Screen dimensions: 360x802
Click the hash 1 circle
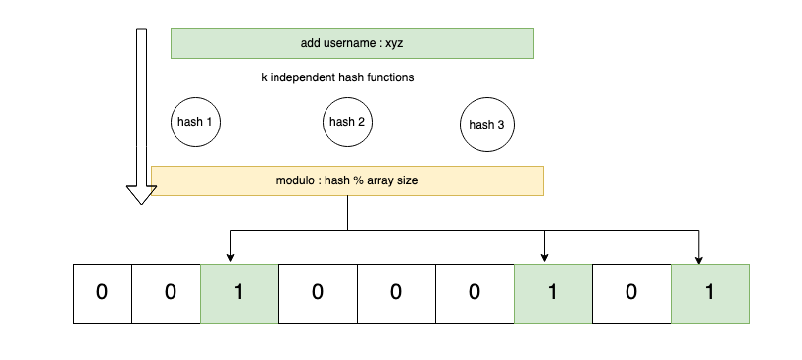[x=195, y=123]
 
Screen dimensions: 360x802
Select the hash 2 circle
[x=347, y=122]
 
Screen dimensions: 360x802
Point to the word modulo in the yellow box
[x=297, y=180]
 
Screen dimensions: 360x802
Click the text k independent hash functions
[x=336, y=77]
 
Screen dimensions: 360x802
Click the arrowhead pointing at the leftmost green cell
[x=230, y=258]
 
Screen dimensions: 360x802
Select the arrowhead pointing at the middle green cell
[x=544, y=258]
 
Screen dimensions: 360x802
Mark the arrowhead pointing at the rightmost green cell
[x=698, y=258]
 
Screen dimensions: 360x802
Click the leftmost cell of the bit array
[x=102, y=293]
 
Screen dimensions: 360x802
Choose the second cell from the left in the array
[x=170, y=293]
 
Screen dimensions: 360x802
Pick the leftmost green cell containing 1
[x=239, y=293]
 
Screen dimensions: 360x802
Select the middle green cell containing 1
[x=553, y=293]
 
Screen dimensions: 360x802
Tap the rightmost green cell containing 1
[x=710, y=293]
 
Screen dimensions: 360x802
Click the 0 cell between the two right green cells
[x=631, y=293]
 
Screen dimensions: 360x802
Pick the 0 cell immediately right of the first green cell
[x=318, y=293]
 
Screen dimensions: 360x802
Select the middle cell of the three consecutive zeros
[x=396, y=293]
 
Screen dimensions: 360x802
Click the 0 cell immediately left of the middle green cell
[x=475, y=293]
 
